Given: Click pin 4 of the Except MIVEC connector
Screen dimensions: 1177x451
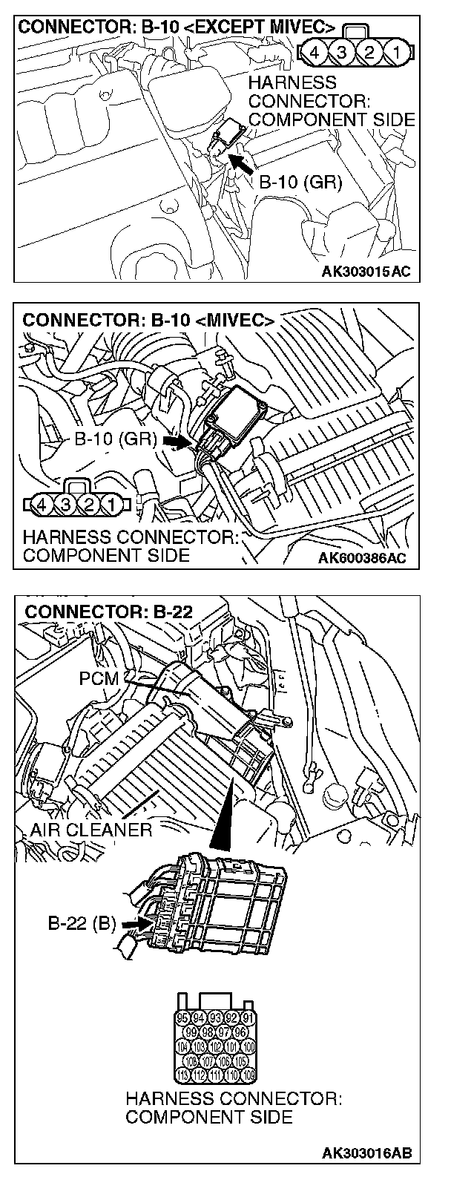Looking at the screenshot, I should tap(315, 52).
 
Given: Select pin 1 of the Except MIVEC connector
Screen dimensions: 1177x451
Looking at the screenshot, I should tap(397, 52).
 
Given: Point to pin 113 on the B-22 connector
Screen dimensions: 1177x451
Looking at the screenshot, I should tap(182, 1073).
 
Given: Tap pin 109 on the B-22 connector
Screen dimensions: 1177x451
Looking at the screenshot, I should tap(248, 1073).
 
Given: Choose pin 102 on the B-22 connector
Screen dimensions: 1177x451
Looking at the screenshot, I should tap(216, 1046).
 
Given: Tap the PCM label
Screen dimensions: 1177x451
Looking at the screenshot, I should tap(96, 678).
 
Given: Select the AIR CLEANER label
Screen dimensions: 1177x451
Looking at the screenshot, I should tap(92, 828).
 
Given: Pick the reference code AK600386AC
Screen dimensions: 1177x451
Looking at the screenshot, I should tap(364, 558).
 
